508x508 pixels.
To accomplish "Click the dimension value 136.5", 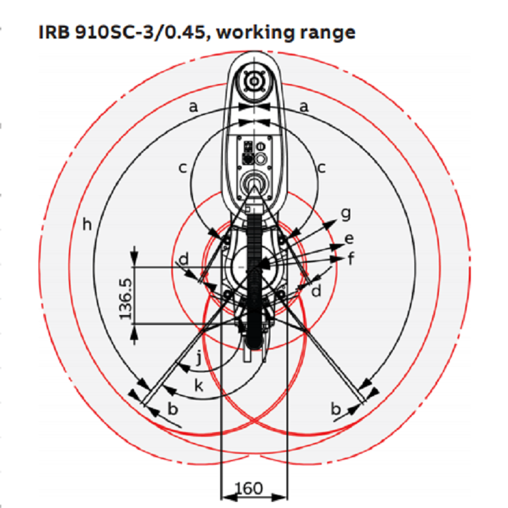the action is click(126, 299).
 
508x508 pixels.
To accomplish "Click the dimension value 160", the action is click(249, 488).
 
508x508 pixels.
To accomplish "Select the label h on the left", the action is click(87, 224).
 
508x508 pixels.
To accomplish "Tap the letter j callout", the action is click(200, 358).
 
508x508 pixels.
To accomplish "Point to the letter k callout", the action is click(198, 385).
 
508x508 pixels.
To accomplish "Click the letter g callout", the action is click(346, 214).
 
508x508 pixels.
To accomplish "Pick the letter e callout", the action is click(349, 239).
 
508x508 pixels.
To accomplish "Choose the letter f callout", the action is click(351, 259).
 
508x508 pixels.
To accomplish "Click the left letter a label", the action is click(193, 106).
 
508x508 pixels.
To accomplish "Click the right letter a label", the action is click(303, 106).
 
